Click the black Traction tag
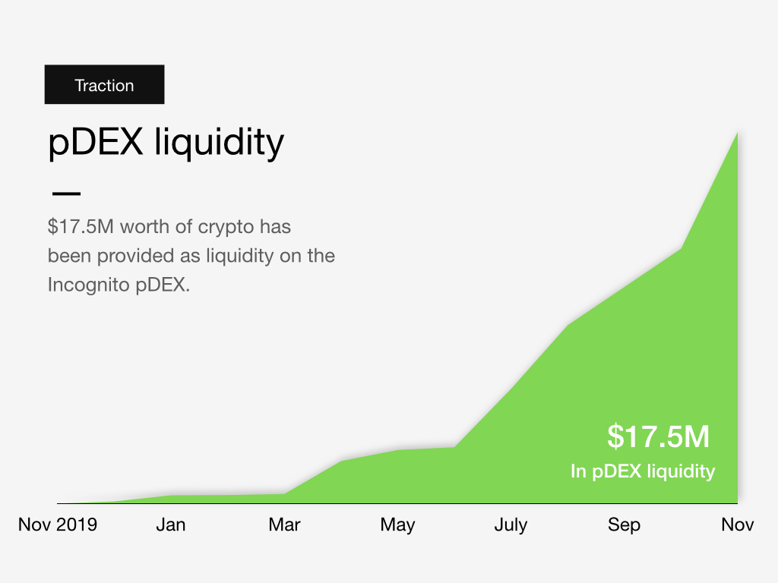click(x=104, y=85)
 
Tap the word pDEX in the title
click(x=96, y=142)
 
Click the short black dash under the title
click(x=65, y=191)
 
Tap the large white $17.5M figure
click(x=658, y=436)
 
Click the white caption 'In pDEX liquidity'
click(x=643, y=471)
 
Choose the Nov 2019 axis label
click(x=58, y=525)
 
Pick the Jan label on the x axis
click(x=171, y=525)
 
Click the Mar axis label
click(x=284, y=525)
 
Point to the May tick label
click(x=397, y=525)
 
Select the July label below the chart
click(x=511, y=525)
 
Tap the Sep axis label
click(x=624, y=525)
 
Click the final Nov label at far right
click(x=737, y=525)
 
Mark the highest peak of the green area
click(x=736, y=134)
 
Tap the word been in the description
click(x=66, y=256)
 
